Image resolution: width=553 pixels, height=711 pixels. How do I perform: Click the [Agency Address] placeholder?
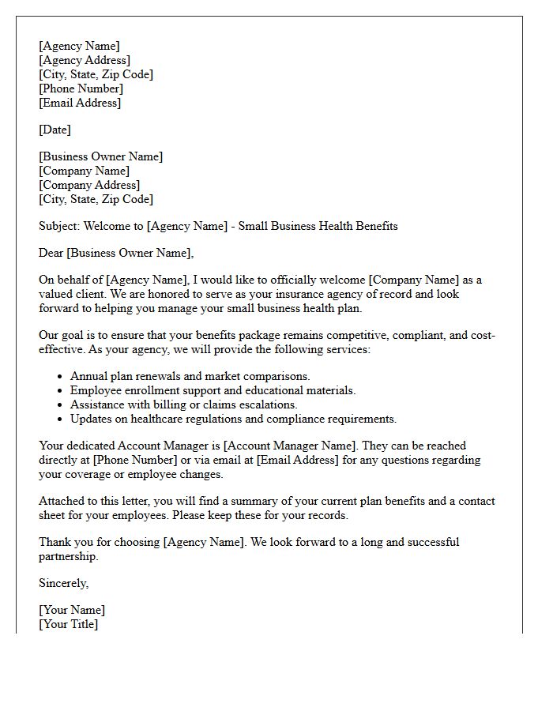point(85,60)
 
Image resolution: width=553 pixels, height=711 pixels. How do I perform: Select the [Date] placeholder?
point(55,130)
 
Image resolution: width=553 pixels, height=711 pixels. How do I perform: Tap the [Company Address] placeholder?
point(89,185)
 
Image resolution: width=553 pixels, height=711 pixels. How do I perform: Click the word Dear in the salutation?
point(51,253)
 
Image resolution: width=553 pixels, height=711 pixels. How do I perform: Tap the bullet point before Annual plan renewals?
point(61,377)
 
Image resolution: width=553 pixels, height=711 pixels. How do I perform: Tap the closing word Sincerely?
point(63,583)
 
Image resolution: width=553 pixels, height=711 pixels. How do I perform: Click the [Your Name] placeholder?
point(72,610)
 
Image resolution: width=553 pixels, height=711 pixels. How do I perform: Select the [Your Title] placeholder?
point(69,624)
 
